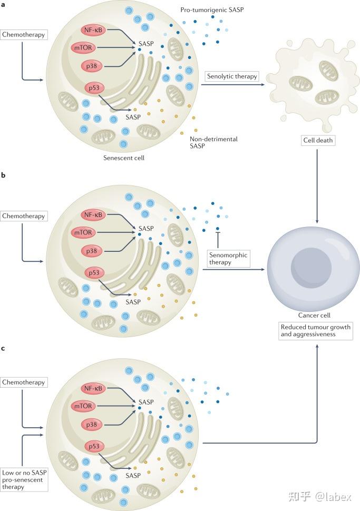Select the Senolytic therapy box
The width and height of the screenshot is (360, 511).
232,76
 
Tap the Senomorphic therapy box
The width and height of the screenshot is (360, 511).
227,259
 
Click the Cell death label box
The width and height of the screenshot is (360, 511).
318,141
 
